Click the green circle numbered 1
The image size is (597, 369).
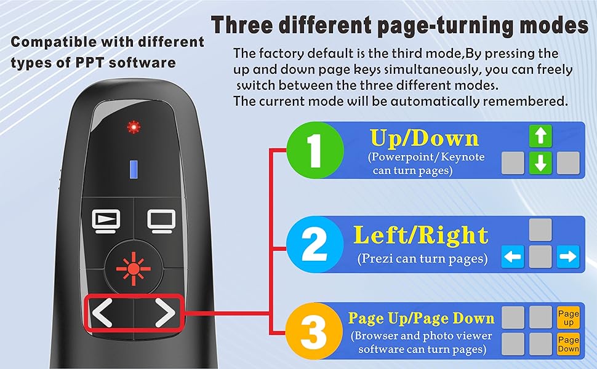click(x=316, y=150)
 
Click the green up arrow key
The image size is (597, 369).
click(x=541, y=136)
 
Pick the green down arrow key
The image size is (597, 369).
click(x=541, y=163)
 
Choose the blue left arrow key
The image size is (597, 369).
click(x=513, y=256)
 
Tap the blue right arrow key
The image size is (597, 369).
click(x=568, y=256)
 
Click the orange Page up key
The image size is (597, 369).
click(x=568, y=317)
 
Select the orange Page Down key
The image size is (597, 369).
click(x=568, y=344)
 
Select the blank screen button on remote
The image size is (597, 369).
click(x=162, y=220)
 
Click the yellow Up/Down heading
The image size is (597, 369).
click(x=423, y=138)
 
